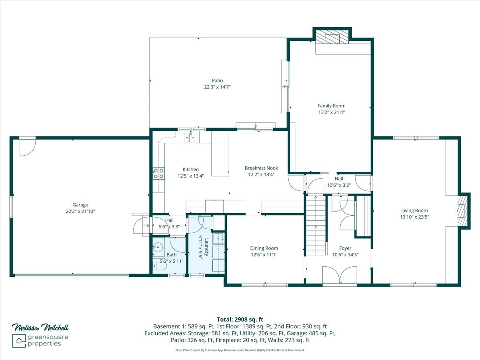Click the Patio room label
217,80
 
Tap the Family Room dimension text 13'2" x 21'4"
332,112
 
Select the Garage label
80,205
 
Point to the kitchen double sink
191,138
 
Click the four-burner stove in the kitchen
158,174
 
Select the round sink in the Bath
158,248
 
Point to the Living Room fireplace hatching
462,211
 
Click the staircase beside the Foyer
316,226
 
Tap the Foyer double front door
340,276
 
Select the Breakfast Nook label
261,168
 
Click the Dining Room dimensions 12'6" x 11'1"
264,255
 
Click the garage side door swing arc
27,148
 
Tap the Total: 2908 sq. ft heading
240,320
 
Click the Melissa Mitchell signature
40,328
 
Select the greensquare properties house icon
19,341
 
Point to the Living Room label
414,210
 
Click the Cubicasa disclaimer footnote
240,350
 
